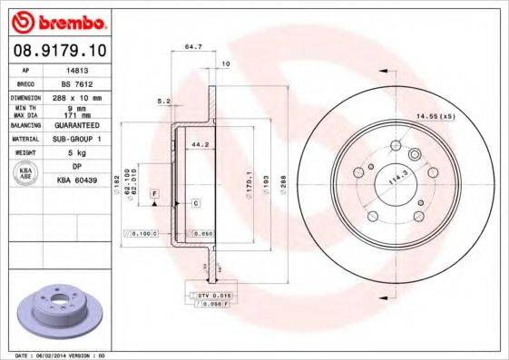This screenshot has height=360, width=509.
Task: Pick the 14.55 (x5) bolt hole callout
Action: [434, 117]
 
